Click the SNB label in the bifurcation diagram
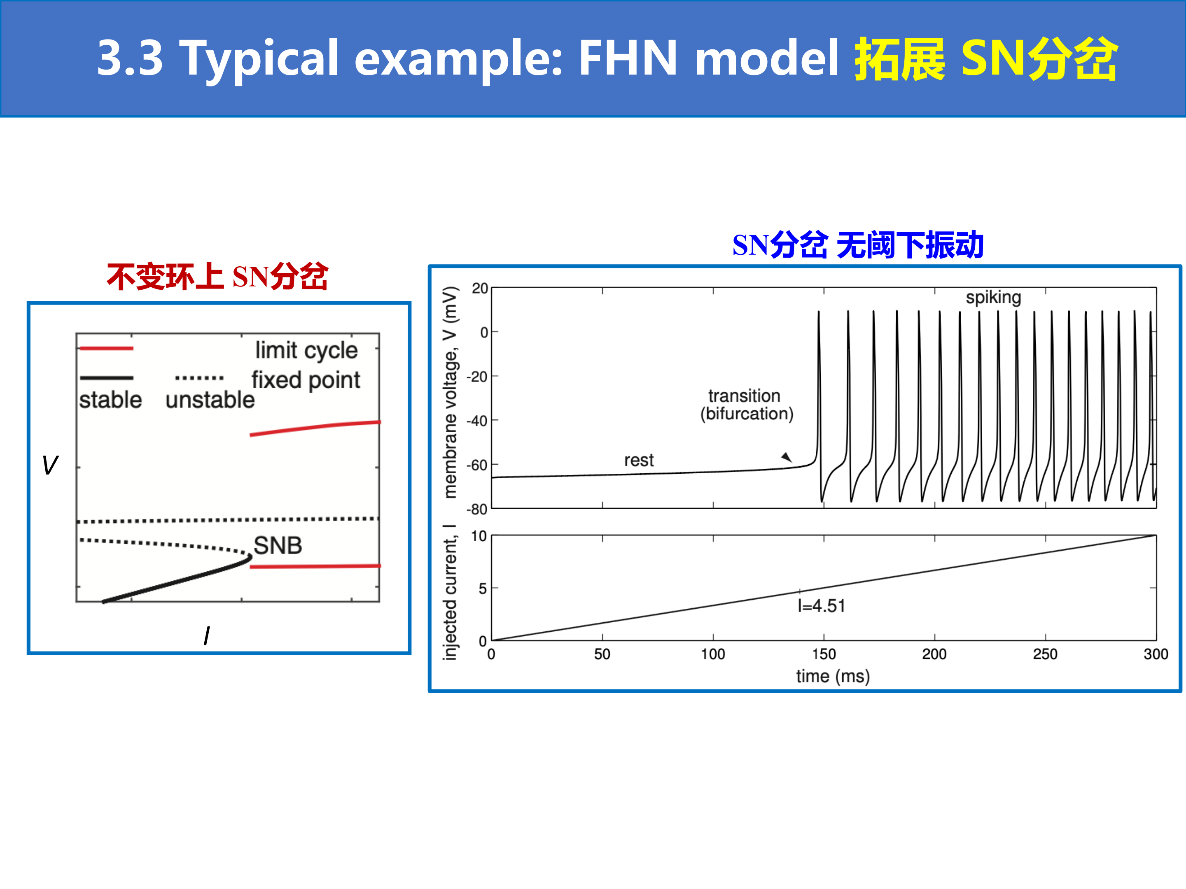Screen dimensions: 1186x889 (278, 545)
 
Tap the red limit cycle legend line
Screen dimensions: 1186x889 (106, 348)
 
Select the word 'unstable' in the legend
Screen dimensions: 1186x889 (210, 400)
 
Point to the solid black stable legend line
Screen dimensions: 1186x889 (106, 378)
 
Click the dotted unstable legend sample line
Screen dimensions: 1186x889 (199, 378)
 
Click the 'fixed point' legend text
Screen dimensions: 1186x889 (306, 380)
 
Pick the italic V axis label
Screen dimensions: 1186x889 (50, 465)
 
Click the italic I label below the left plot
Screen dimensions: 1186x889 (206, 636)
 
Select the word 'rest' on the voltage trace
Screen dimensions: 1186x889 (639, 460)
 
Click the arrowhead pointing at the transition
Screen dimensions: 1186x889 (787, 457)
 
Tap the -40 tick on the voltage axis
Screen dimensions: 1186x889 (476, 421)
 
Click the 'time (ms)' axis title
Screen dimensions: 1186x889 (833, 676)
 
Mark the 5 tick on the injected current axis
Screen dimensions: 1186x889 (483, 589)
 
